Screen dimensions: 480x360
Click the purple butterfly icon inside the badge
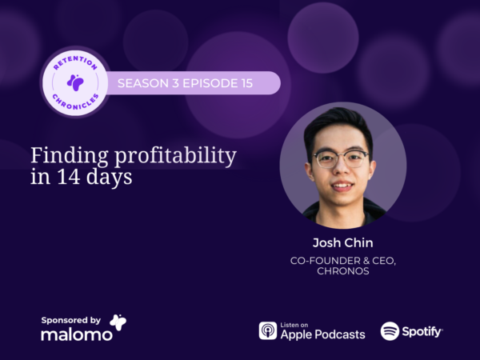[75, 82]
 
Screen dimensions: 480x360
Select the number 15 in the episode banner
[246, 83]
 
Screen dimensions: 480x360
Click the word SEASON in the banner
[143, 83]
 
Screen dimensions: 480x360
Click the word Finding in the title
[70, 156]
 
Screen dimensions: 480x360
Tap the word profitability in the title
[175, 156]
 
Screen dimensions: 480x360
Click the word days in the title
[109, 178]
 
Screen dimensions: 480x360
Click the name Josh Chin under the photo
[343, 242]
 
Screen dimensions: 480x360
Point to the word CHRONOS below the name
[343, 271]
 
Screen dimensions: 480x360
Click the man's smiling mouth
[342, 186]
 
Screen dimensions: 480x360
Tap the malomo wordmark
[77, 334]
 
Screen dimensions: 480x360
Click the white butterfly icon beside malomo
[118, 322]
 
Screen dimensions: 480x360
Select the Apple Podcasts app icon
[268, 330]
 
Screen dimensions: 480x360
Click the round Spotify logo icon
[390, 331]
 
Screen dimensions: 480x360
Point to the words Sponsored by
[70, 320]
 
